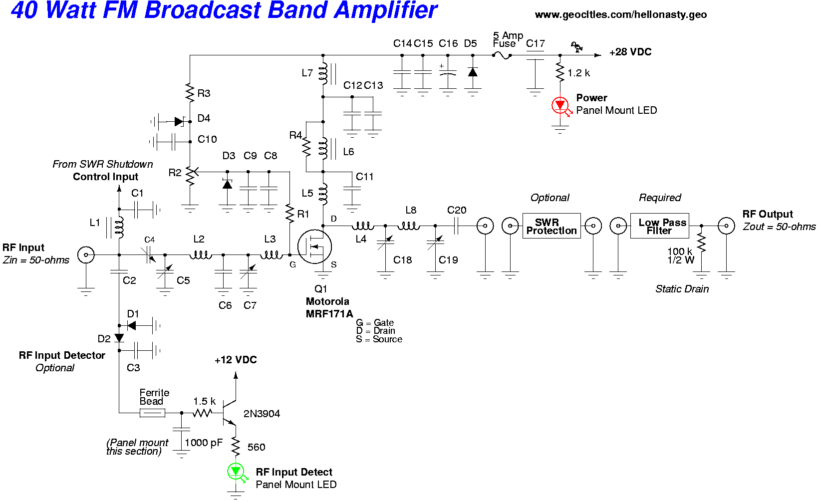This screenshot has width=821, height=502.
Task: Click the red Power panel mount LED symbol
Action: point(560,105)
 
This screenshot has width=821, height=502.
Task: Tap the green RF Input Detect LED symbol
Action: point(236,471)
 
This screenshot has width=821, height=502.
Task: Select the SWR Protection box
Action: point(551,226)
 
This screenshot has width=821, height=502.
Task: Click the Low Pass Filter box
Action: point(660,226)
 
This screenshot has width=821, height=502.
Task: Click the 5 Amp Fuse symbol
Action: point(502,55)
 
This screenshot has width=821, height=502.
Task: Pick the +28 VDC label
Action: point(630,52)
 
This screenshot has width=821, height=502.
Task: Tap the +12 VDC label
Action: point(236,360)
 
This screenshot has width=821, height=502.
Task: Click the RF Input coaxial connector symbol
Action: point(86,255)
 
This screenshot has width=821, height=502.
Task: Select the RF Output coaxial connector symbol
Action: point(726,226)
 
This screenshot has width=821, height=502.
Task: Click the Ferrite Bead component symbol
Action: point(152,413)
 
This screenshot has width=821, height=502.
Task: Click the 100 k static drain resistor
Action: point(701,244)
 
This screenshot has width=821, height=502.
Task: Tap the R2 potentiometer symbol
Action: point(190,175)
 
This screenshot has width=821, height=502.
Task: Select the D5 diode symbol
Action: point(473,72)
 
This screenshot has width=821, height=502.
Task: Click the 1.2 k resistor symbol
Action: point(560,73)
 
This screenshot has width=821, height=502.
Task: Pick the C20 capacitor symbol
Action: point(456,226)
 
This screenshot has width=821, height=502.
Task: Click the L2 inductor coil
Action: point(201,255)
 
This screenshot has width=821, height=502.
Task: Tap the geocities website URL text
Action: point(620,15)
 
